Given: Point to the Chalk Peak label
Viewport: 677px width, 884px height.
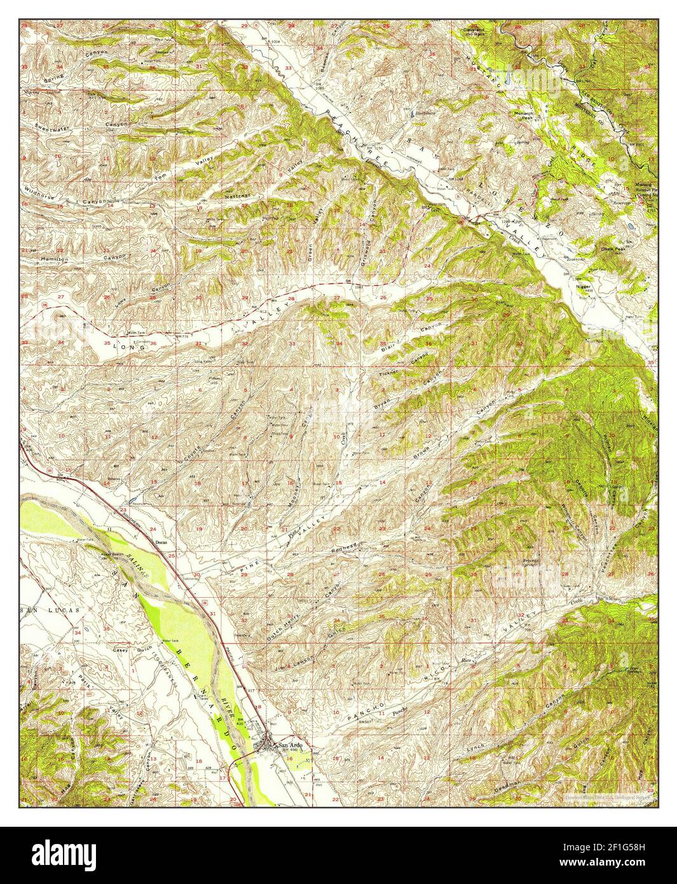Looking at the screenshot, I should coord(614,249).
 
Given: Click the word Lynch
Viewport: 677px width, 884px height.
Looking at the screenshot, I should coord(475,746).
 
